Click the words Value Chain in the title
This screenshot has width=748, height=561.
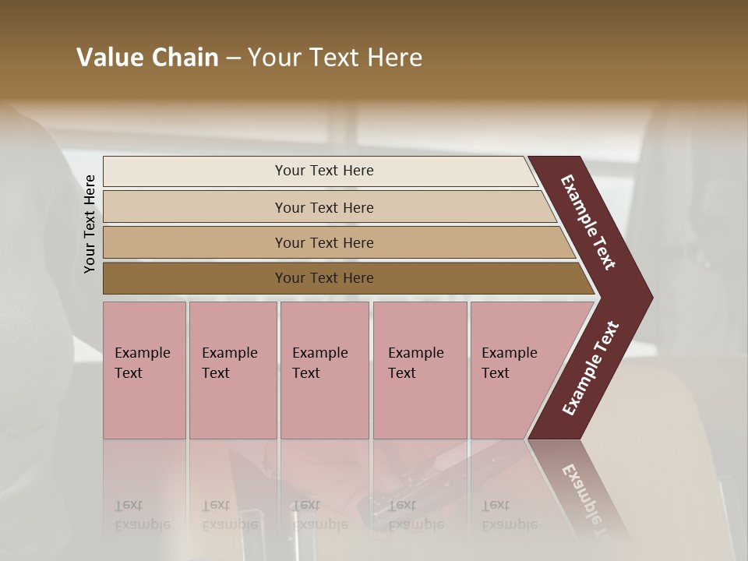(x=147, y=58)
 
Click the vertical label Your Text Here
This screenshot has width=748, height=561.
(x=90, y=224)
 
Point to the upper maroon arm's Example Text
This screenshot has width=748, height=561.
(x=588, y=222)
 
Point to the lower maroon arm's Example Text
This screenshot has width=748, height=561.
(x=590, y=369)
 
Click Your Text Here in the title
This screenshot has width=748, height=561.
(x=335, y=58)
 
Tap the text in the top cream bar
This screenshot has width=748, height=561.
(x=324, y=171)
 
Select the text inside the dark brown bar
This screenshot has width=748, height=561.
(x=324, y=278)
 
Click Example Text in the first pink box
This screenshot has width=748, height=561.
(x=142, y=363)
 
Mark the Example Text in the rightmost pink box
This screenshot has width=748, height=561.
(x=509, y=363)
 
